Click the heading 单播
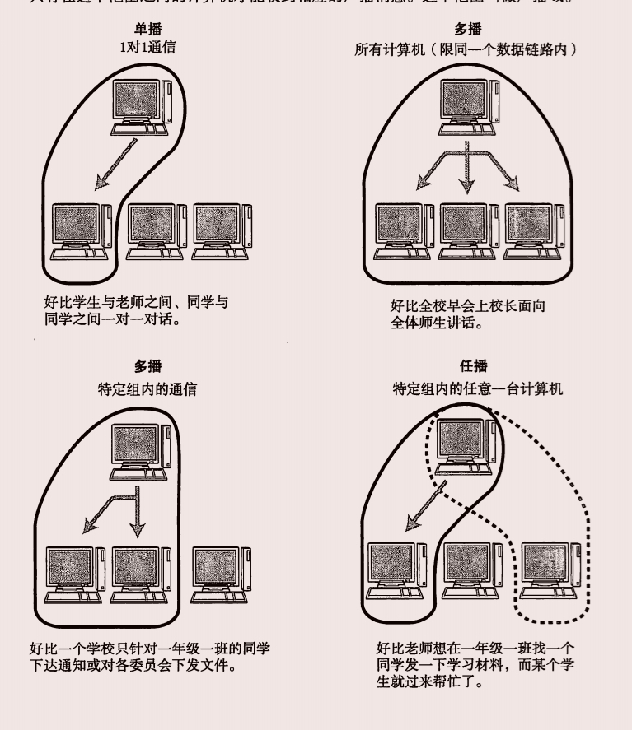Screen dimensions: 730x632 [x=148, y=30]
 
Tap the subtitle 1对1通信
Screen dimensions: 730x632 [x=147, y=48]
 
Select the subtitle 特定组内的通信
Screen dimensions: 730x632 [x=147, y=388]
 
